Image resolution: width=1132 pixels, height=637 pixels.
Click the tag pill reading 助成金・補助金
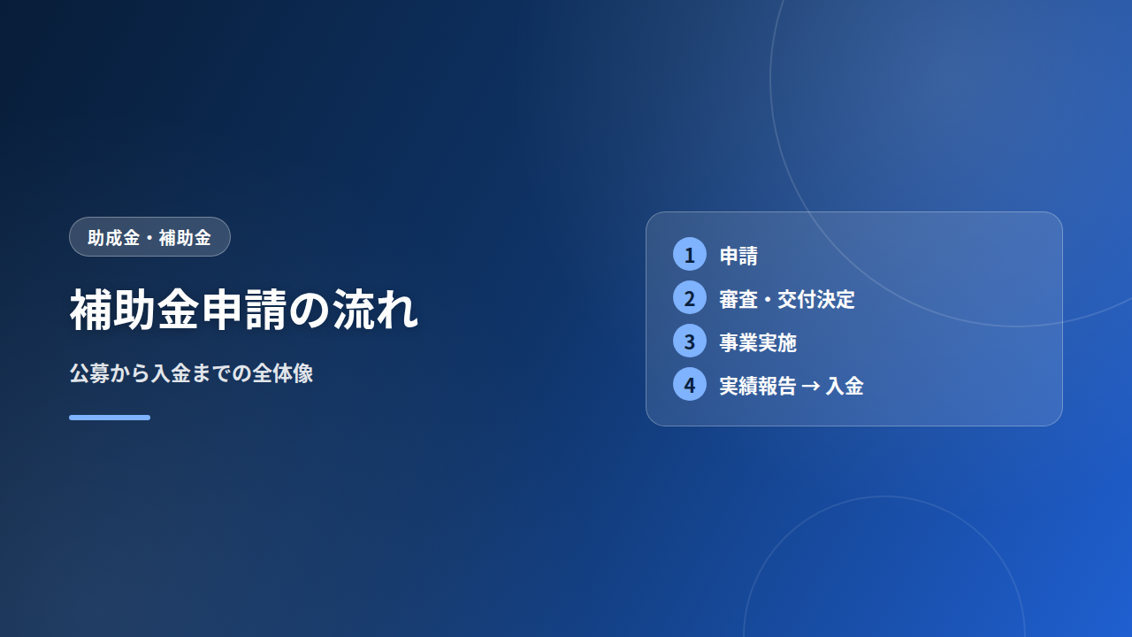[x=149, y=236]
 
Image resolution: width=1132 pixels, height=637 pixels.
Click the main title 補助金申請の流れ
[x=244, y=310]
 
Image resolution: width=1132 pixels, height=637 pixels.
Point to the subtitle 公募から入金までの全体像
[x=192, y=373]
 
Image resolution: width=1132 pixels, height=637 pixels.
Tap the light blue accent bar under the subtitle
[x=110, y=418]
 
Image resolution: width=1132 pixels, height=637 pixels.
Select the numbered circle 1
[x=689, y=254]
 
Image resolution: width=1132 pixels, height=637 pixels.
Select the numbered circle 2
[x=689, y=298]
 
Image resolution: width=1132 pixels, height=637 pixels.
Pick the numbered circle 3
[x=689, y=342]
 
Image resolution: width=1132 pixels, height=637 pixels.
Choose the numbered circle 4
[x=689, y=385]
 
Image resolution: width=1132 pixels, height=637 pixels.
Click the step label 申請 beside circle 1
[x=738, y=256]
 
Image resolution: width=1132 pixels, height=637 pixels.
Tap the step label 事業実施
[x=758, y=342]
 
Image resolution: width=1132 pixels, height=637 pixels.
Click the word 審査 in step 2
[x=738, y=299]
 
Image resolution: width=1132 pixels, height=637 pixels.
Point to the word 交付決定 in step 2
[x=815, y=299]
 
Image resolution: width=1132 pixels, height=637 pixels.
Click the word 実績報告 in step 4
[x=758, y=387]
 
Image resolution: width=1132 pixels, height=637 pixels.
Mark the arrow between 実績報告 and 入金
[x=811, y=387]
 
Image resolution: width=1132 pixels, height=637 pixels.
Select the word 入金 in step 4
[x=844, y=387]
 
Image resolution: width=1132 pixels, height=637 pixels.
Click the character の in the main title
[x=310, y=311]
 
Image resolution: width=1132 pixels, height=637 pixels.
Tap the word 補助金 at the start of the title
[x=134, y=310]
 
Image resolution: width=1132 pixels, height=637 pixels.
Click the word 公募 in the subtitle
[x=89, y=373]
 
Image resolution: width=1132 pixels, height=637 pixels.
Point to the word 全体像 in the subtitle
[x=283, y=373]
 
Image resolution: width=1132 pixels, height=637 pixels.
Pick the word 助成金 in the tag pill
[x=114, y=238]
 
